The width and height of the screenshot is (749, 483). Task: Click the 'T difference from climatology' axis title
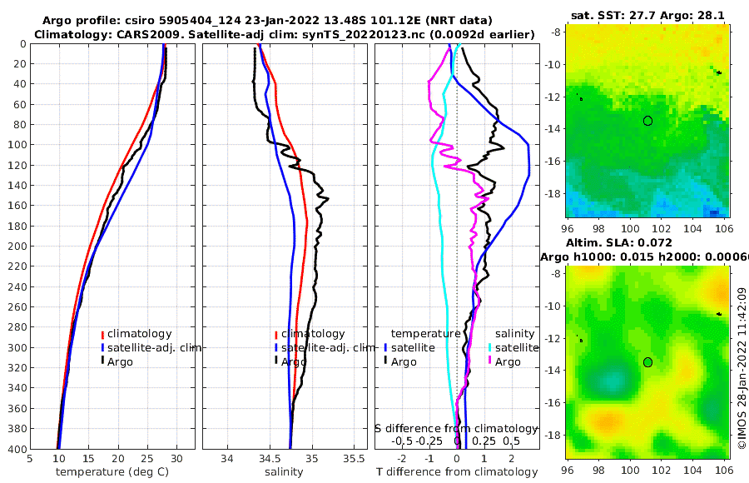coord(456,472)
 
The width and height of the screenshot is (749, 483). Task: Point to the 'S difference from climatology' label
coord(457,428)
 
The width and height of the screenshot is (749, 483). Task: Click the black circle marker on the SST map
coord(647,121)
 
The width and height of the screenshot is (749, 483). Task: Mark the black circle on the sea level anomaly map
coord(647,362)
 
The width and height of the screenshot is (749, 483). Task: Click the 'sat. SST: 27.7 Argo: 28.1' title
coord(648,15)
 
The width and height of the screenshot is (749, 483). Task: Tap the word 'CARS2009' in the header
coord(135,34)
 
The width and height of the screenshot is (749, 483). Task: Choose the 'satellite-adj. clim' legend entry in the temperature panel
coord(154,347)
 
